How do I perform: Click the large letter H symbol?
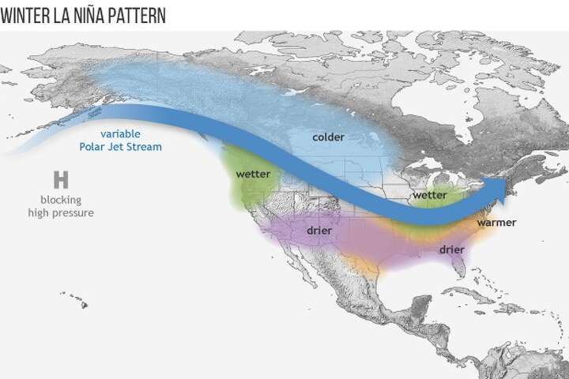(x=60, y=179)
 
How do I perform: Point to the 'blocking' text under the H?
(x=60, y=200)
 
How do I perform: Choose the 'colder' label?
(x=328, y=137)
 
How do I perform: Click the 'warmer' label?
(x=496, y=223)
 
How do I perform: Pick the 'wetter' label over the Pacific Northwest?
(x=253, y=174)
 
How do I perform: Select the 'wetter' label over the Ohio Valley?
(x=429, y=194)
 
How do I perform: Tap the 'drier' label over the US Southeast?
(x=451, y=250)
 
